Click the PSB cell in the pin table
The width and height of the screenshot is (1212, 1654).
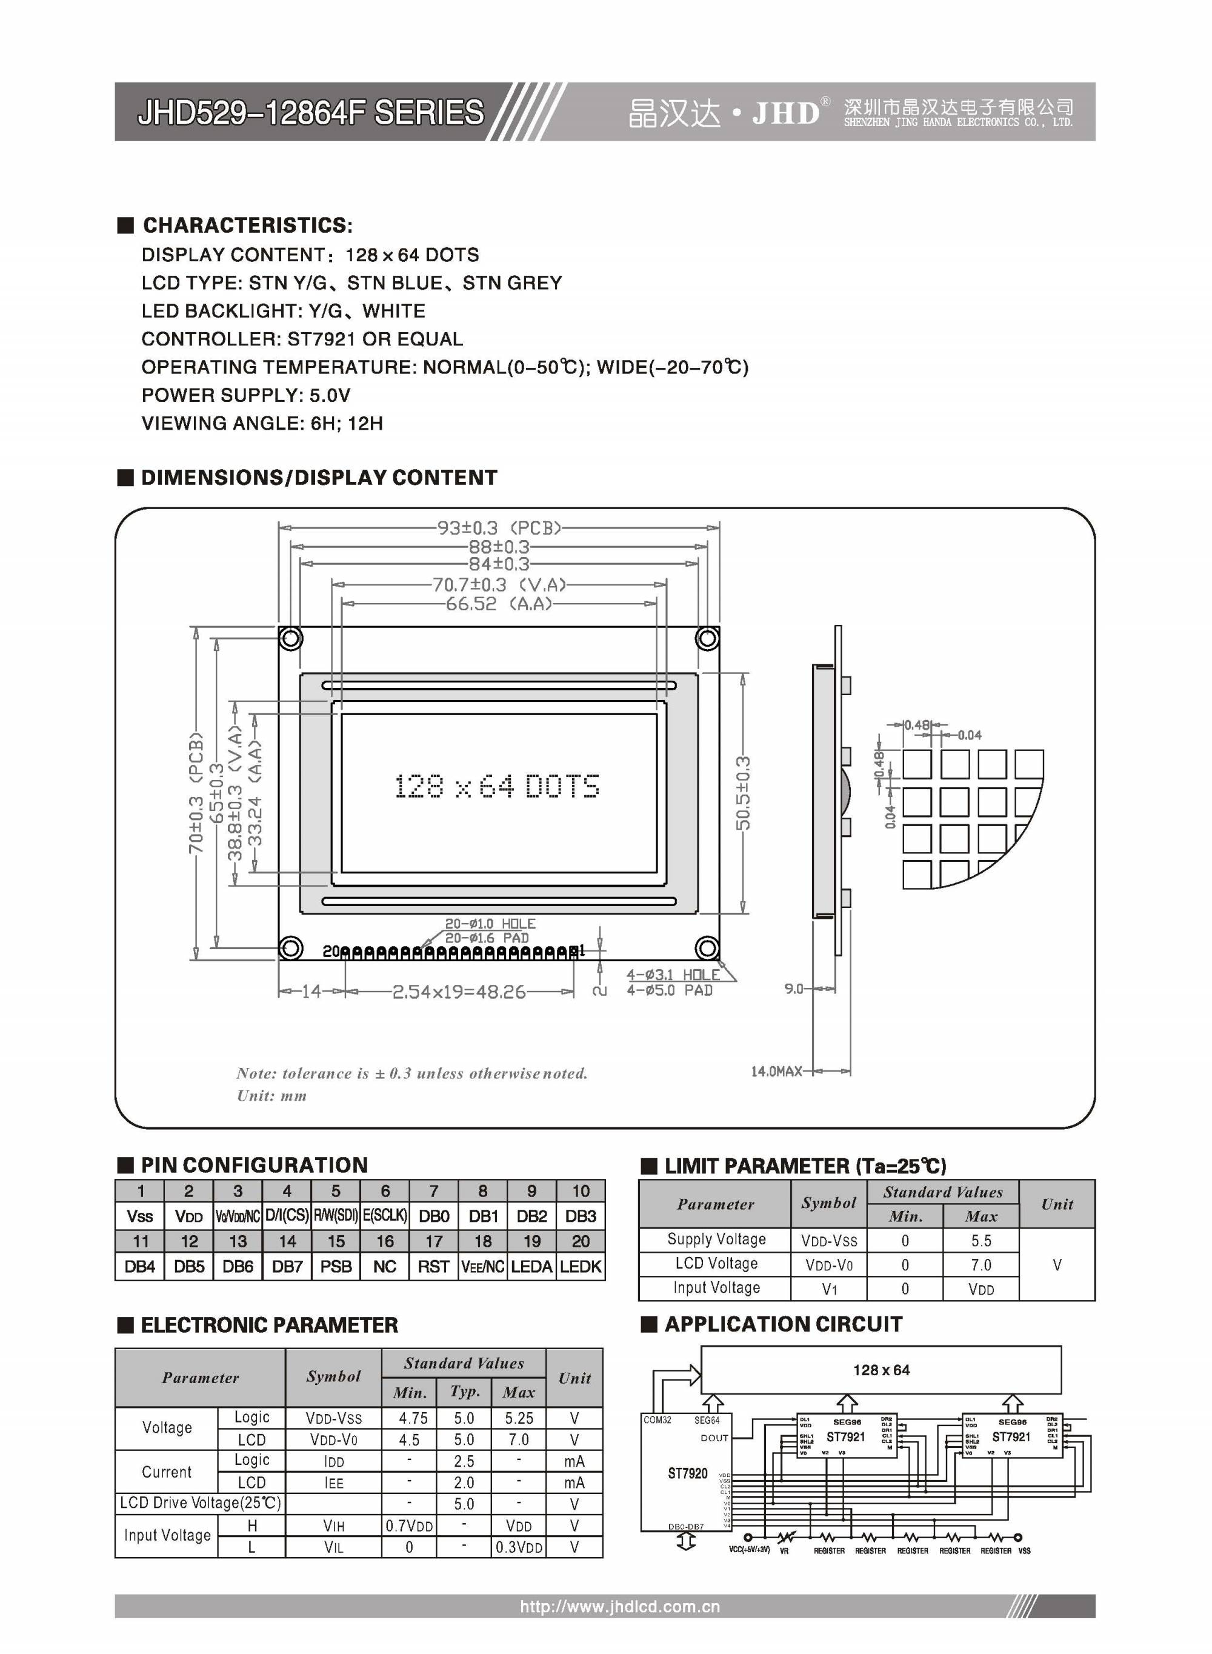336,1266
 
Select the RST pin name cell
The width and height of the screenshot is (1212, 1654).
433,1266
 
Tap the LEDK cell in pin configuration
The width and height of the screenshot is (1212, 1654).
581,1266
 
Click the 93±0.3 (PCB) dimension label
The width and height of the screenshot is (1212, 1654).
499,528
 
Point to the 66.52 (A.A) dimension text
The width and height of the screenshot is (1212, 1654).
499,604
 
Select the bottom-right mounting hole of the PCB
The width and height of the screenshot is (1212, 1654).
707,948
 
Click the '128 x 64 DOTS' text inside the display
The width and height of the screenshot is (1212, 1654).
497,786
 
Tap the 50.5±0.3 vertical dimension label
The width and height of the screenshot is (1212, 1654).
743,793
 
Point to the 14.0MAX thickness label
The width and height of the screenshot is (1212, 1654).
776,1072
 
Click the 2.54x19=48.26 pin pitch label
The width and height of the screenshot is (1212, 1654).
459,992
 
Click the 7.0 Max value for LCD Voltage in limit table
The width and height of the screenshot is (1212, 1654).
981,1264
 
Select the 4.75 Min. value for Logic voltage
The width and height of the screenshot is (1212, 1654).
413,1418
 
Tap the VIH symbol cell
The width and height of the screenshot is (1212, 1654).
334,1526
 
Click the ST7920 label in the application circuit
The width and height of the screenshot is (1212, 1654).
687,1473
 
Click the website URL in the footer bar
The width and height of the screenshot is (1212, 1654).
620,1606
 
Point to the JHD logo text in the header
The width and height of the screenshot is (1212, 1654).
785,113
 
